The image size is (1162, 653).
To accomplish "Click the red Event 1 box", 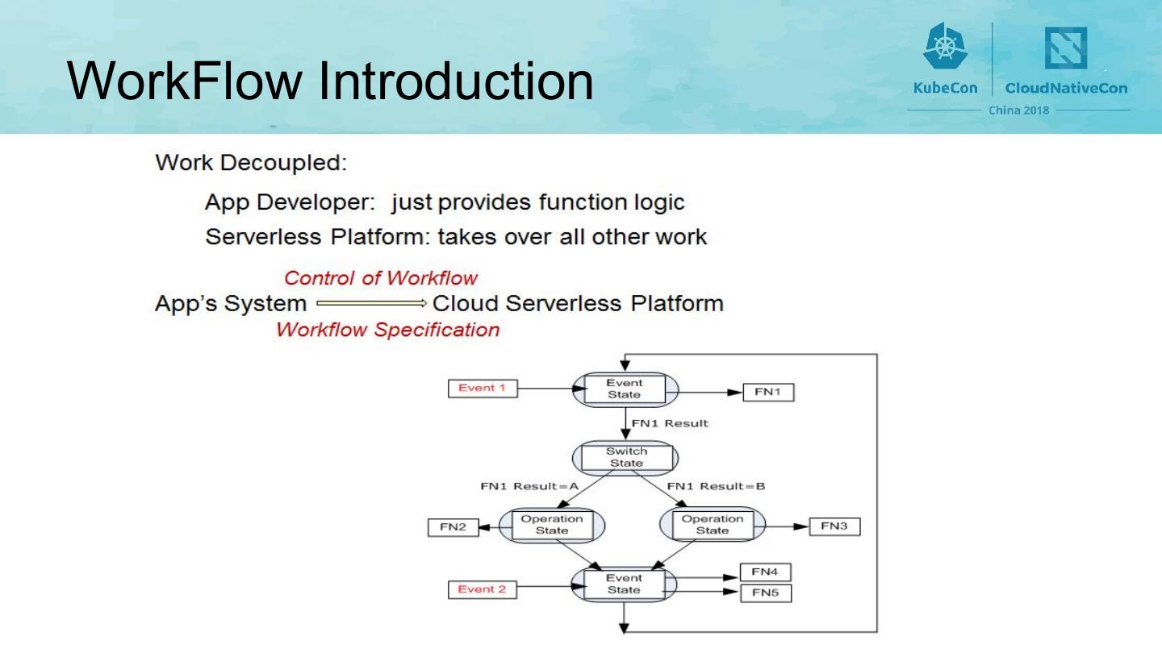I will [483, 389].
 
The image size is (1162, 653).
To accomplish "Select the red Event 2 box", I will [482, 589].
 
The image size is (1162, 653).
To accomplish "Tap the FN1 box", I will [767, 393].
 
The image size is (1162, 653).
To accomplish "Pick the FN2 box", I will [453, 527].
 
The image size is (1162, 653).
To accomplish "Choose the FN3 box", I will [834, 526].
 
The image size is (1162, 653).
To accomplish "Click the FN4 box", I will [765, 572].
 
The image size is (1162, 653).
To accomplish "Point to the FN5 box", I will [766, 593].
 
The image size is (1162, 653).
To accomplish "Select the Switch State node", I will [625, 458].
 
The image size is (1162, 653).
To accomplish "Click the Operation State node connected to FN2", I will [552, 525].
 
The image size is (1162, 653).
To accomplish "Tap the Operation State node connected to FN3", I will [713, 525].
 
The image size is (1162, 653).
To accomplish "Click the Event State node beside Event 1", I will [625, 389].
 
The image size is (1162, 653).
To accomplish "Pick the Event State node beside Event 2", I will [624, 584].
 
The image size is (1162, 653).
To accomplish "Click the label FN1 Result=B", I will [716, 486].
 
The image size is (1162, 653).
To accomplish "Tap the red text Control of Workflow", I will [381, 278].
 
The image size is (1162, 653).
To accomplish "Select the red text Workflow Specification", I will [387, 330].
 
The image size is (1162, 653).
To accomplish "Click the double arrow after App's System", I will [370, 304].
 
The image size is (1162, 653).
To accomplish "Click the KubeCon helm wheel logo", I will [945, 47].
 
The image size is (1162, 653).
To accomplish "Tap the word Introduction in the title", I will [456, 81].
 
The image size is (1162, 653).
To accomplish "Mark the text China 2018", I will [1019, 110].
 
